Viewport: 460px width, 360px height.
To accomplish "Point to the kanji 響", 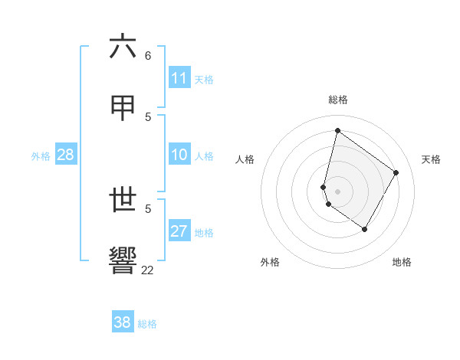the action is point(123,260).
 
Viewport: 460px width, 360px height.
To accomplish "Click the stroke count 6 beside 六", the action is point(148,56).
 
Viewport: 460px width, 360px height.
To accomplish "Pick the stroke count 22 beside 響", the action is point(148,269).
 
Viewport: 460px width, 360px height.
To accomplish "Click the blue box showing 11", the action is point(179,78).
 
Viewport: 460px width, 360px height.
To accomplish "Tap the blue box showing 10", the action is point(179,155).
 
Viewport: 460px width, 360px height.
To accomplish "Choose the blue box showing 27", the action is point(179,231).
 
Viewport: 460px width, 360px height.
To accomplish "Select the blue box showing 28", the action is point(65,155).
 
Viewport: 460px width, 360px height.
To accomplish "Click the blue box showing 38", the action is point(122,322).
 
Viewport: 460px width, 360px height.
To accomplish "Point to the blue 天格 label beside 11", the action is point(204,79).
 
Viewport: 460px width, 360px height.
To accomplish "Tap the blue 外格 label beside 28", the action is point(41,155).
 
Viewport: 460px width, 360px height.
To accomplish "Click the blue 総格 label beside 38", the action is point(147,323).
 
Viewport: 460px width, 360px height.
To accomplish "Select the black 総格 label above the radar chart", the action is point(338,100).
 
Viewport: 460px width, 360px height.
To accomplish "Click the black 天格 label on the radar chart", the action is point(431,159).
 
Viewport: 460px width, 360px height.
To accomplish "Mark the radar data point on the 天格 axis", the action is point(396,172).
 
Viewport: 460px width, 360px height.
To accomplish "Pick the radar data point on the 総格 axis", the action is point(338,131).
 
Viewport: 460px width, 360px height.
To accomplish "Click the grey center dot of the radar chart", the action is point(338,191).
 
